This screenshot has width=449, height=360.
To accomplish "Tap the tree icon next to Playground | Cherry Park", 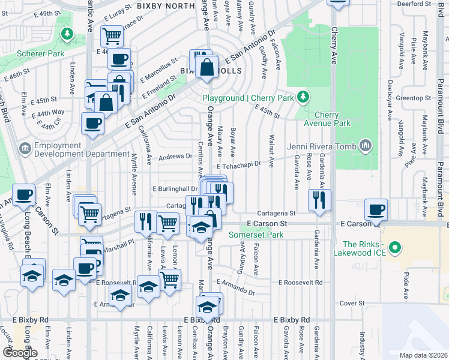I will coord(304,97).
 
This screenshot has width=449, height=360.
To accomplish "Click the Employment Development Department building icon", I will coord(25,147).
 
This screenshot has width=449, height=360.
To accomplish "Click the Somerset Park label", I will coord(256,235).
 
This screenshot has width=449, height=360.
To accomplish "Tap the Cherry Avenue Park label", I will coord(333,118).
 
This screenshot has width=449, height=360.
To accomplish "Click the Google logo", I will coord(20,353).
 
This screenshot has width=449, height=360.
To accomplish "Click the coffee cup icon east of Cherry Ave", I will coord(376,209).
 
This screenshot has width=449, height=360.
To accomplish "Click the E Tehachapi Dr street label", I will coord(239,164).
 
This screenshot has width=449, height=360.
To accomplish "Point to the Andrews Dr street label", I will coord(174,157).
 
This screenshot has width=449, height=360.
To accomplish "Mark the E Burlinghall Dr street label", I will coord(178,188).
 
